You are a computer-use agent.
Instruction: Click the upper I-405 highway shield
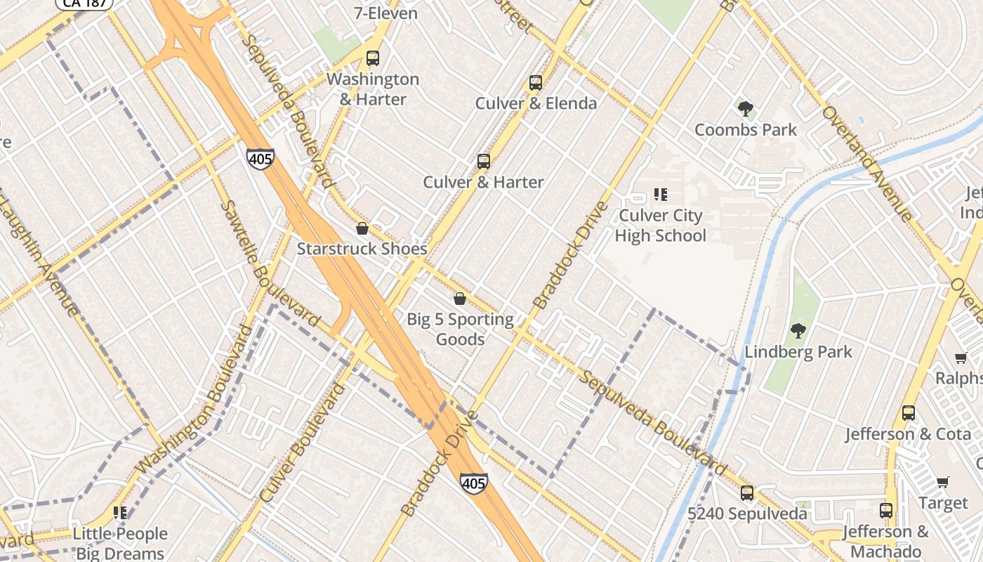pos(260,159)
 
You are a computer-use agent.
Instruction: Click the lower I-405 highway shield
pos(474,483)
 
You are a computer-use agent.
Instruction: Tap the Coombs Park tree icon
pos(746,109)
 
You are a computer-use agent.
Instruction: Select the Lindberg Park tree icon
pos(798,331)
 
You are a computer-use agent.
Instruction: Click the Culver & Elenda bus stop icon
pos(536,83)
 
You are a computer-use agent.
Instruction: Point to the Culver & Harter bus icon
pos(483,162)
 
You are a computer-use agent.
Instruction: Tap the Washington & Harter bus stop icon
pos(373,58)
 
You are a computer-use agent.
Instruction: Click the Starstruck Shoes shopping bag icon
pos(362,228)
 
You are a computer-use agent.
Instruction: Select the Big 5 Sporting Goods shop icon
pos(460,299)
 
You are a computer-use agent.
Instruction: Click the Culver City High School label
pos(660,226)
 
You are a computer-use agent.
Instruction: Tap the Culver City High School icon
pos(660,194)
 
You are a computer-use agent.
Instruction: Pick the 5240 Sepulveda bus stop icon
pos(747,493)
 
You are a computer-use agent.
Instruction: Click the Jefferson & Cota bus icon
pos(909,413)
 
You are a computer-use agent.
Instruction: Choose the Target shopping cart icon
pos(942,482)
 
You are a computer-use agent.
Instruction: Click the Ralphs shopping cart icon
pos(961,358)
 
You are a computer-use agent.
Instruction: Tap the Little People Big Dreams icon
pos(120,513)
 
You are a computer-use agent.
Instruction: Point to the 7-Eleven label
pos(385,13)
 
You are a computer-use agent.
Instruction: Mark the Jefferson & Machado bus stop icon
pos(886,510)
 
